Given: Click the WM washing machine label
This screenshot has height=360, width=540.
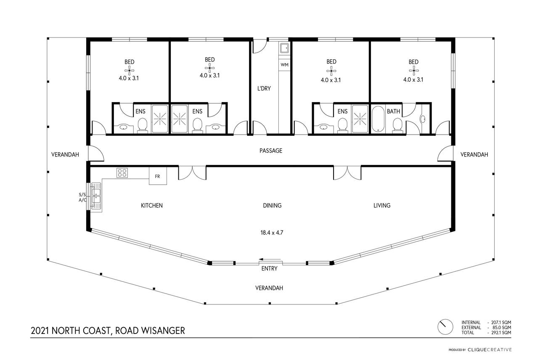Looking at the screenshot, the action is [x=284, y=65].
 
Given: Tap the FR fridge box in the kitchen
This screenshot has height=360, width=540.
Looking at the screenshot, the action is [x=158, y=176].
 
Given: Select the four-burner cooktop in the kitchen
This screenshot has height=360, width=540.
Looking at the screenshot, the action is [x=122, y=173].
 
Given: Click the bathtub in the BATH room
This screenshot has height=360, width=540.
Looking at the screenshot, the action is [x=378, y=119].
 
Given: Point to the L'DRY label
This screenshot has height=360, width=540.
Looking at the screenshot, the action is [x=264, y=88].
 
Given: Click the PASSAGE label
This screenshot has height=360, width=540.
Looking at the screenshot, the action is [x=271, y=151].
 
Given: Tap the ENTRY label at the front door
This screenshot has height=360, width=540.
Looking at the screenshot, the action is [x=269, y=269].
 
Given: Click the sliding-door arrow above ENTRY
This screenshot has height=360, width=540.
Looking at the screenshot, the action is [x=271, y=259].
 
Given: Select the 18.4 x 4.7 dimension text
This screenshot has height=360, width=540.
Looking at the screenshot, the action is [x=272, y=233].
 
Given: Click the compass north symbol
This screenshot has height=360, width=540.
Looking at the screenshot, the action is [x=445, y=327].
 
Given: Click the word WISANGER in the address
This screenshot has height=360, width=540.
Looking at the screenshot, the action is [x=163, y=331].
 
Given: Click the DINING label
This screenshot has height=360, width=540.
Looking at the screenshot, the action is [x=272, y=205].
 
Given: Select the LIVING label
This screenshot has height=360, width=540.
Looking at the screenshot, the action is [x=382, y=205].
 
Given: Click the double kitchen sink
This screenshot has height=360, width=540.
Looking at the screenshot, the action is [x=96, y=196].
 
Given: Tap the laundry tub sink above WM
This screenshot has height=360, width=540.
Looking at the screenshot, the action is [x=284, y=48].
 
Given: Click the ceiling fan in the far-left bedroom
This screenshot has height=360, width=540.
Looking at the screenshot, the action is [x=129, y=71].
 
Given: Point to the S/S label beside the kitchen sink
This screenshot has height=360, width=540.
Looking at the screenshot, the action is [x=82, y=195].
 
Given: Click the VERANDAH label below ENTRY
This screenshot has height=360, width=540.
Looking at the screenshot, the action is [x=269, y=288].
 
